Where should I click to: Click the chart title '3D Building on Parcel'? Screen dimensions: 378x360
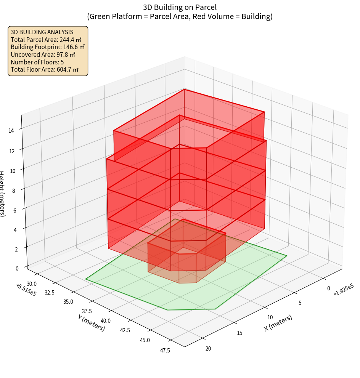coord(180,7)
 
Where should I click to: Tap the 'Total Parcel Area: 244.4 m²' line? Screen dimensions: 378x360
coord(46,40)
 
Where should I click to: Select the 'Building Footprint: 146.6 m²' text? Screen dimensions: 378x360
coord(48,47)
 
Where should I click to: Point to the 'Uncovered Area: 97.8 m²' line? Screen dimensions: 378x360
coord(43,55)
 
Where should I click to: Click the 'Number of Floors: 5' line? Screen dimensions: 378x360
coord(37,62)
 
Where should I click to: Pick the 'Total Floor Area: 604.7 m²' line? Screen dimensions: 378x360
coord(45,70)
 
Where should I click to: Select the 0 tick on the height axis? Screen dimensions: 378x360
coord(18,268)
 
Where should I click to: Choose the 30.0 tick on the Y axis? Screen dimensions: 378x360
coord(32,283)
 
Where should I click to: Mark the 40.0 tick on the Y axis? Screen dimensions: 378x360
coord(106,321)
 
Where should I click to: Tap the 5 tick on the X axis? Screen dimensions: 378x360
coord(300,303)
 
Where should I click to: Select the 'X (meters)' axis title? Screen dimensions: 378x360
coord(278,323)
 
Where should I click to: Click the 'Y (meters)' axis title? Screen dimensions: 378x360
coord(92,322)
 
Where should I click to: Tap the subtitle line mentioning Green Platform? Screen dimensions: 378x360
coord(180,16)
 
